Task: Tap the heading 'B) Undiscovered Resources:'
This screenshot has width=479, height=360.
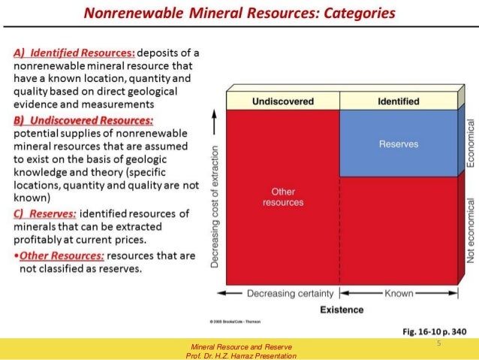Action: click(83, 120)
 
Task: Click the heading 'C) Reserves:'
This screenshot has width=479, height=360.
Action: click(44, 214)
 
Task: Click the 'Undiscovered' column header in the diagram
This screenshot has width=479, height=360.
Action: click(284, 101)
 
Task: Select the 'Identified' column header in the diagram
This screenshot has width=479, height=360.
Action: click(398, 101)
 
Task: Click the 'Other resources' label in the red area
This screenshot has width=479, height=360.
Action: click(284, 197)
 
